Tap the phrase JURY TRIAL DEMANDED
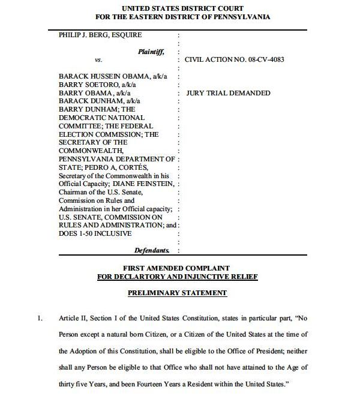227,93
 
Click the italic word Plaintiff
151,52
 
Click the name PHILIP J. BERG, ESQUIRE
100,35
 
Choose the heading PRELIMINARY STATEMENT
178,293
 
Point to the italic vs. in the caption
98,60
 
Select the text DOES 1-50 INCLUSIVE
95,233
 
